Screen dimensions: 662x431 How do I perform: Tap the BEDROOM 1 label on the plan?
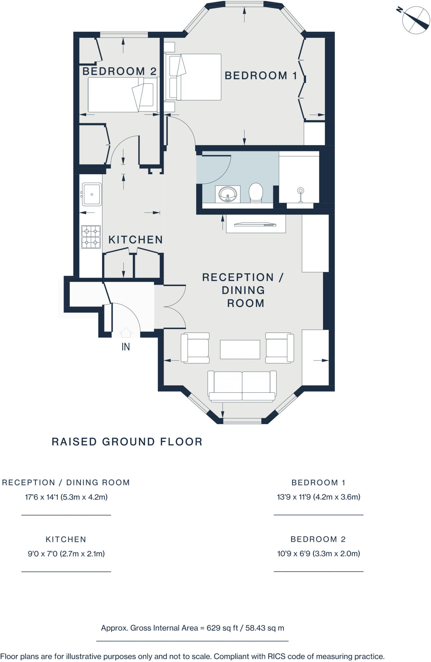pyautogui.click(x=261, y=76)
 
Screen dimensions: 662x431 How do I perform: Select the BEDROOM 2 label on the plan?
pyautogui.click(x=120, y=71)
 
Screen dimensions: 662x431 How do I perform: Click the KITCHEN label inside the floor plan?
pyautogui.click(x=135, y=240)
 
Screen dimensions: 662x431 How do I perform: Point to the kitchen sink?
pyautogui.click(x=92, y=194)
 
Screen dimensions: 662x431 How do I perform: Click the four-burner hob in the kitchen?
pyautogui.click(x=91, y=237)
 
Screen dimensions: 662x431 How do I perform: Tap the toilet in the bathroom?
pyautogui.click(x=256, y=193)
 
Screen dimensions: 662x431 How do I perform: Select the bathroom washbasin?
pyautogui.click(x=228, y=194)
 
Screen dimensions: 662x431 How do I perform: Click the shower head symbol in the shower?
pyautogui.click(x=300, y=191)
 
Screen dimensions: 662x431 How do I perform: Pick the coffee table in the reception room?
pyautogui.click(x=240, y=349)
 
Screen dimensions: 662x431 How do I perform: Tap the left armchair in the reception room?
pyautogui.click(x=195, y=348)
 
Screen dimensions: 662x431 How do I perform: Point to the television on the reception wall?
pyautogui.click(x=255, y=224)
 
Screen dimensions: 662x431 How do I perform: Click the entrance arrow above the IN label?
pyautogui.click(x=126, y=332)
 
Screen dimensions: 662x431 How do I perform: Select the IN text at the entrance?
pyautogui.click(x=126, y=347)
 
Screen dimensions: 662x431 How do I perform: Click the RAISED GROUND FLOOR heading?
pyautogui.click(x=127, y=442)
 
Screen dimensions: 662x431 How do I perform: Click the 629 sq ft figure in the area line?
pyautogui.click(x=222, y=628)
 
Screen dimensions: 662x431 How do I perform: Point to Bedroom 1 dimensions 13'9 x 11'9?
pyautogui.click(x=319, y=497)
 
